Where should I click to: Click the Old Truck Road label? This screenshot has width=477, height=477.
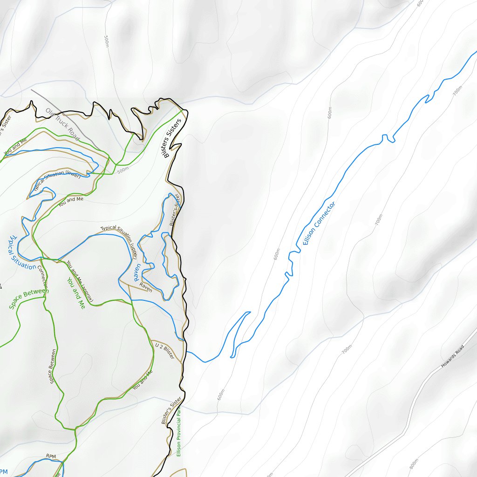click(x=62, y=124)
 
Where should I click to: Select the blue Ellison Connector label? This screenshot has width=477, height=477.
click(x=319, y=224)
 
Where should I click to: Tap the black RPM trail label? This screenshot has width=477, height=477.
click(x=51, y=456)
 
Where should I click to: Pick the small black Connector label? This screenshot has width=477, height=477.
click(x=42, y=276)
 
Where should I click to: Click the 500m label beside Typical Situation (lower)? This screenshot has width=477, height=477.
click(x=123, y=171)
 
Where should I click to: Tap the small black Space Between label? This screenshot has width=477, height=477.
click(x=52, y=366)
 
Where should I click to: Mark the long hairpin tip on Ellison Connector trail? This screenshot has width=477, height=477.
click(x=249, y=313)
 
